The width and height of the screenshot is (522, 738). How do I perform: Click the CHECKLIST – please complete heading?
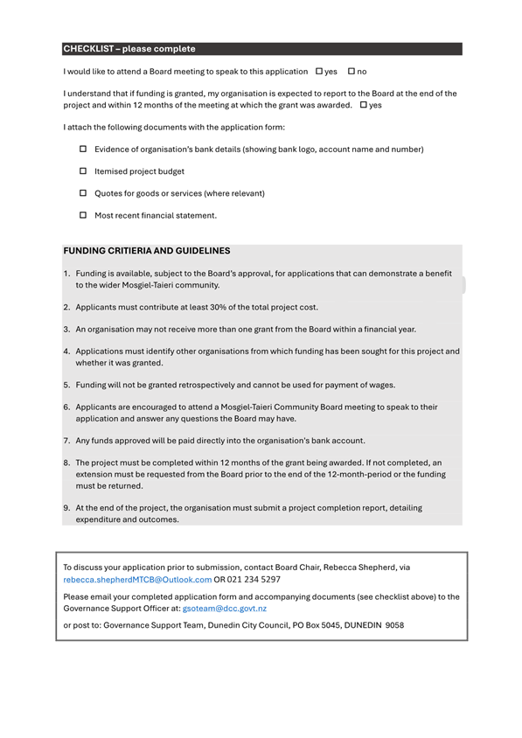click(129, 49)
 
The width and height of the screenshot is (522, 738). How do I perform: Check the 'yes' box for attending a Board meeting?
click(319, 71)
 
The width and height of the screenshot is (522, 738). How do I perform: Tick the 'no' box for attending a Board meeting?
click(351, 71)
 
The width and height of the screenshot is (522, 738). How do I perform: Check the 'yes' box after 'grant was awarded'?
click(364, 105)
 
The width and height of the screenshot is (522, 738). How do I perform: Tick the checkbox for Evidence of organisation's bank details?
click(84, 150)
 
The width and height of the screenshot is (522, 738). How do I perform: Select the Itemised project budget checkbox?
click(84, 171)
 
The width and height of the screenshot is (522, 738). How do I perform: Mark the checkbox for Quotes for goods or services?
click(84, 193)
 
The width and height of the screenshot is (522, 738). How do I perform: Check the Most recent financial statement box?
click(84, 215)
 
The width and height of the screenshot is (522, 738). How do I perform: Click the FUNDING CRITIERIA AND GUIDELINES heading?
click(147, 250)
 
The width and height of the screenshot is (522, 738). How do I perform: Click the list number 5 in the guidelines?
click(66, 385)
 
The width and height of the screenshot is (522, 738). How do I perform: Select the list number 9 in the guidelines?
click(66, 507)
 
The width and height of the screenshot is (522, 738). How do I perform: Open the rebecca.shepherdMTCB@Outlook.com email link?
click(137, 579)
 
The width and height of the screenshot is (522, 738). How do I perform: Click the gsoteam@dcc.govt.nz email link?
click(224, 608)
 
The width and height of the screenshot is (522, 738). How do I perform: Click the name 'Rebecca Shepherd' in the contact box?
click(361, 567)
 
